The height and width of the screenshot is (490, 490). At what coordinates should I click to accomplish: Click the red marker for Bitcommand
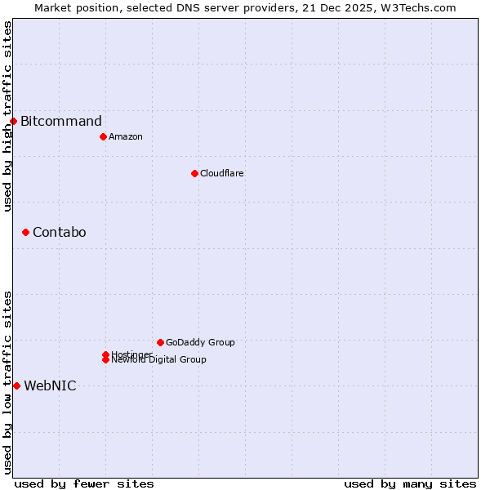click(13, 122)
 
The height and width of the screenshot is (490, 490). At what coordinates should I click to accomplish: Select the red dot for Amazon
click(103, 136)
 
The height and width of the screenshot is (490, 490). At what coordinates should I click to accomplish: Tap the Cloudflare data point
click(194, 173)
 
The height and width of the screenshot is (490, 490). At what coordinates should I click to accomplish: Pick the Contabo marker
click(25, 233)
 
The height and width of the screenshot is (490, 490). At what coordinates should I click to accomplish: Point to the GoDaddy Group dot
click(160, 342)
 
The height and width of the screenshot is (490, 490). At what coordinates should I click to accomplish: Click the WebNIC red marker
click(16, 385)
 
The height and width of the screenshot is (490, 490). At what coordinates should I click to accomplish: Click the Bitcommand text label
click(61, 122)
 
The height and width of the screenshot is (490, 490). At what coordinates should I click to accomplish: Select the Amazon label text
click(126, 136)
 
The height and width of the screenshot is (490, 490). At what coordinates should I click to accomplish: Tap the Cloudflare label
click(222, 173)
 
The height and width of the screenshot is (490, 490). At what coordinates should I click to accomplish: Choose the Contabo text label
click(60, 233)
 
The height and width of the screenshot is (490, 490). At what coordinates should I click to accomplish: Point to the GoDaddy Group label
click(200, 342)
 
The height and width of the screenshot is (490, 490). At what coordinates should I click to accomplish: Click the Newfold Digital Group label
click(159, 360)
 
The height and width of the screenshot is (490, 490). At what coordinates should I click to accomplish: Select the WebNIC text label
click(50, 385)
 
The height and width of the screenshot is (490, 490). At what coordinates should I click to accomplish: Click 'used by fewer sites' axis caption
click(84, 484)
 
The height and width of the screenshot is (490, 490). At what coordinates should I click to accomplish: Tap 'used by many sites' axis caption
click(410, 484)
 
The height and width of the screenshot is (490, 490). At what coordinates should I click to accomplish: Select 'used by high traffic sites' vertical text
click(7, 116)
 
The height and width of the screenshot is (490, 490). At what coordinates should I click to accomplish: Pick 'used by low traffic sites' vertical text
click(7, 381)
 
